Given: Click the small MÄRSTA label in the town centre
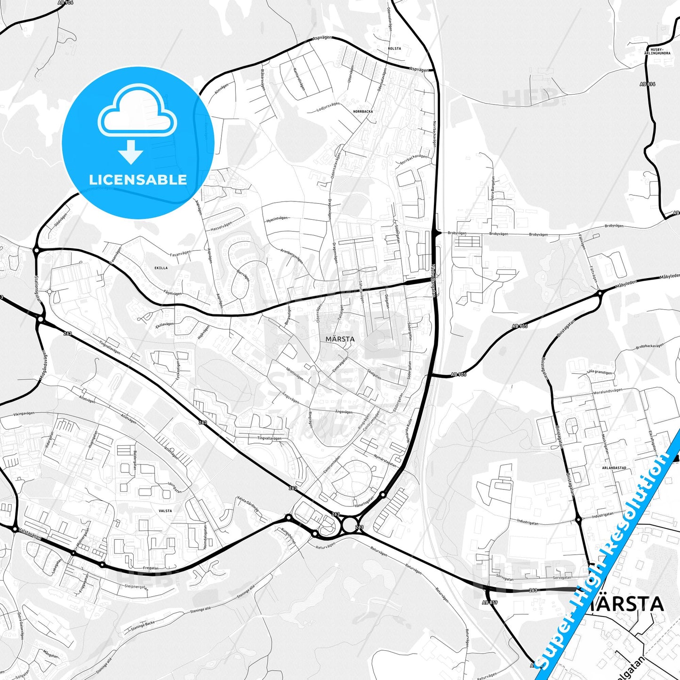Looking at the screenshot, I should click(340, 339).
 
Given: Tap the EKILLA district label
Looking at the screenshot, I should click(161, 268).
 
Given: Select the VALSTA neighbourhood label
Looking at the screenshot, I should click(165, 511).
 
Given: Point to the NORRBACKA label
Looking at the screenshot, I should click(363, 112).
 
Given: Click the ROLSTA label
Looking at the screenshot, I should click(394, 48).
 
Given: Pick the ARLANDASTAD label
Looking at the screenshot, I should click(614, 468).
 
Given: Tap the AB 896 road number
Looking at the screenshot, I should click(648, 84).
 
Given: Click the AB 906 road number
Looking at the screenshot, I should click(65, 3).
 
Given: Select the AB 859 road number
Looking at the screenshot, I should click(490, 602).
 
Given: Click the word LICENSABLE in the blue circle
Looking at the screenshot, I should click(138, 180).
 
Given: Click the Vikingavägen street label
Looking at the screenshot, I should click(24, 414).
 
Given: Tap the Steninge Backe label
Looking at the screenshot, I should click(143, 625).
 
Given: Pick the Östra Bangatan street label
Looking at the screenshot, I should click(493, 188).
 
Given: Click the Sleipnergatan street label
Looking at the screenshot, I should click(136, 586).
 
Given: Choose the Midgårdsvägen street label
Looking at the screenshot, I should click(43, 366).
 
